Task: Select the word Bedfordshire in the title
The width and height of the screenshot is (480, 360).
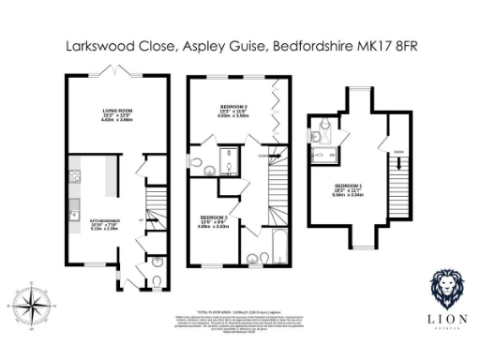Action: pos(308,44)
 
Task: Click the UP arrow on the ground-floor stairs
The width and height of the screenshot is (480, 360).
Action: pos(142,219)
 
